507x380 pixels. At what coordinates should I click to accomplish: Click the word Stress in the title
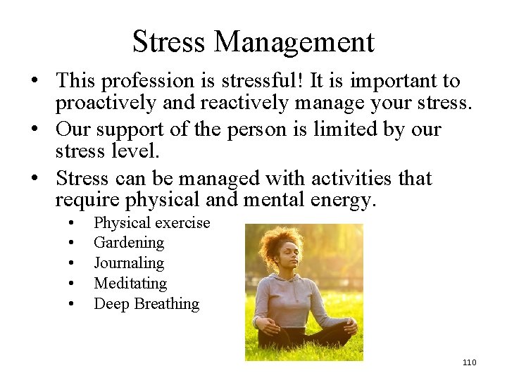click(x=169, y=42)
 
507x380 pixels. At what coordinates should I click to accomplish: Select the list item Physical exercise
click(x=152, y=223)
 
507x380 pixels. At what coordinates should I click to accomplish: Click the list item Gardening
click(x=129, y=243)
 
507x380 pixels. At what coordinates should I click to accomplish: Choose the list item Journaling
click(x=129, y=263)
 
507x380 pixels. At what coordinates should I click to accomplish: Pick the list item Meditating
click(x=130, y=284)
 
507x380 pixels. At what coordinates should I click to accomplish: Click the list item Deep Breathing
click(x=146, y=304)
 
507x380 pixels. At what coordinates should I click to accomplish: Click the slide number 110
click(x=469, y=362)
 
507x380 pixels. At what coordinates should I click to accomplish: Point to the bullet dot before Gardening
click(x=72, y=243)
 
